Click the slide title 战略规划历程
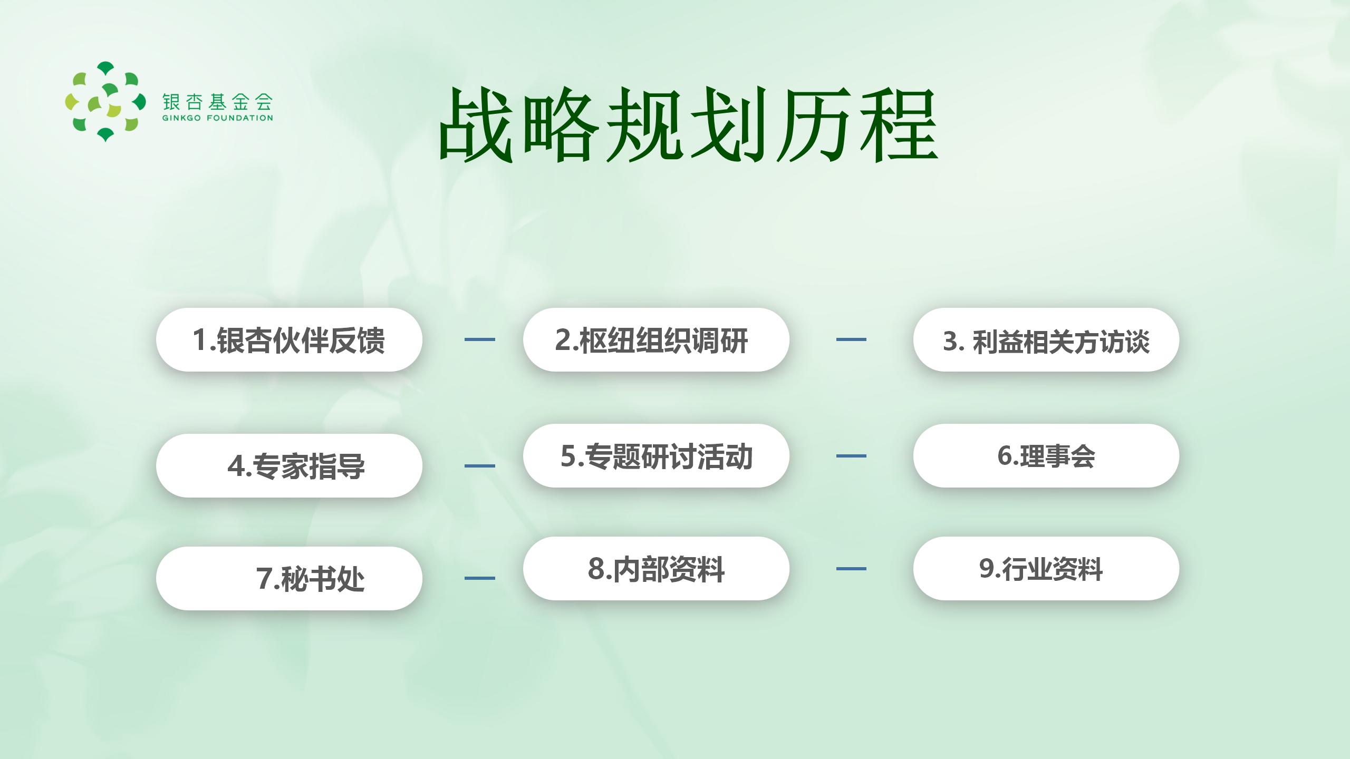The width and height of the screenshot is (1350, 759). tap(688, 125)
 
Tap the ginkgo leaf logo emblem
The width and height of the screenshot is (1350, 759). tap(105, 102)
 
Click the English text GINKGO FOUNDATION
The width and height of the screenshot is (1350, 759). tap(218, 118)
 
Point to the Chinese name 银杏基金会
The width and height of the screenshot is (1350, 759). tap(218, 101)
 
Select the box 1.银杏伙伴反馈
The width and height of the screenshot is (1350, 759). tap(289, 340)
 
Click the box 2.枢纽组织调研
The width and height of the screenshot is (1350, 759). tap(656, 340)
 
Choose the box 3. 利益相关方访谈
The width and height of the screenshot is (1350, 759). tap(1046, 340)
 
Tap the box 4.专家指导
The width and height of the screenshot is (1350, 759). tap(289, 466)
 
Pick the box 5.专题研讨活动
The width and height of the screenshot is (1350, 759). tap(656, 456)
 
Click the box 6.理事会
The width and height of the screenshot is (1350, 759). tap(1046, 456)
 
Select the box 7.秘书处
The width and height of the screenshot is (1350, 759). tap(289, 579)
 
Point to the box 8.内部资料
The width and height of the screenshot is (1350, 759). tap(656, 569)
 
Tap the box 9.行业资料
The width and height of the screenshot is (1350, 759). tap(1046, 569)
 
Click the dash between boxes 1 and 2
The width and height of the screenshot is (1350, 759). tap(480, 339)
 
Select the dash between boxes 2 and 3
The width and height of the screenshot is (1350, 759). tap(851, 339)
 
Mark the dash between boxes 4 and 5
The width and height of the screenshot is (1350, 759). tap(480, 466)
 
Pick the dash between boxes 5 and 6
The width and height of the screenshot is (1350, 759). tap(851, 456)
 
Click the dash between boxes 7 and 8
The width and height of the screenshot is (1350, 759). tap(480, 578)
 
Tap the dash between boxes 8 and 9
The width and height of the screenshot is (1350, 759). tap(851, 569)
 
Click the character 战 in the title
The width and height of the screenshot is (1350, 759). tap(476, 125)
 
